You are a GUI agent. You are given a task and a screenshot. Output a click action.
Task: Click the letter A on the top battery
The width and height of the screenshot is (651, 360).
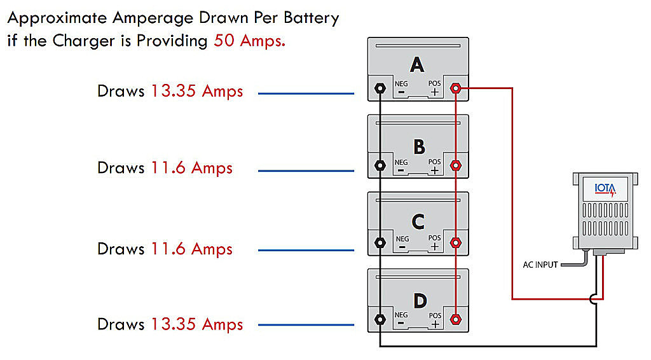click(x=417, y=65)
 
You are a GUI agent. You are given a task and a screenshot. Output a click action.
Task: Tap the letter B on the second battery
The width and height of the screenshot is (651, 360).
click(x=420, y=146)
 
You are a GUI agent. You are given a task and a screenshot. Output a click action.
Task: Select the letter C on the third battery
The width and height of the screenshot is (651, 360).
click(x=418, y=222)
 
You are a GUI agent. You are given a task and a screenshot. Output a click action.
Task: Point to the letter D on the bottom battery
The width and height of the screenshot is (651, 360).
click(x=420, y=301)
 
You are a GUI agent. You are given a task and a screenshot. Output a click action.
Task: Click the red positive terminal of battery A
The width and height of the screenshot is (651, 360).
click(x=456, y=88)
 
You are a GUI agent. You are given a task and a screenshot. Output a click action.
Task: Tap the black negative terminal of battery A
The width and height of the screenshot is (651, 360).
click(x=380, y=88)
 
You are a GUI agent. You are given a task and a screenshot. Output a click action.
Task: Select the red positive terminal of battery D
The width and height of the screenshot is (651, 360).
click(x=456, y=320)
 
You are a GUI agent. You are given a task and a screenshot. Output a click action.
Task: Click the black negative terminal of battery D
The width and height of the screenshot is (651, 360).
click(x=380, y=320)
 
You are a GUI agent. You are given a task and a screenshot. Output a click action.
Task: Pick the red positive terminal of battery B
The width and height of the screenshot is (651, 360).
click(x=456, y=165)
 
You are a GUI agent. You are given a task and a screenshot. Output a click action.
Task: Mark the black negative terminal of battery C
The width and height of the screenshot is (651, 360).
click(x=380, y=242)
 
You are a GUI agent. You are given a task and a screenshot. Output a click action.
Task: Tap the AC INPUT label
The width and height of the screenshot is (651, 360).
click(x=540, y=265)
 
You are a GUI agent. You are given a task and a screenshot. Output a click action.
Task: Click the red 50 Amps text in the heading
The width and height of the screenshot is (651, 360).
click(x=249, y=41)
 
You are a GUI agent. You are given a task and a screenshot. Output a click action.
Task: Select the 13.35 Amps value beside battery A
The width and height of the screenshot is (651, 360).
click(x=197, y=92)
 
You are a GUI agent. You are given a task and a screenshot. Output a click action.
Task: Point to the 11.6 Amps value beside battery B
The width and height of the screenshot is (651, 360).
click(x=191, y=169)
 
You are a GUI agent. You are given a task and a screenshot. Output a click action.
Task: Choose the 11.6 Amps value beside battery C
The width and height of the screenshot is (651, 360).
click(x=191, y=249)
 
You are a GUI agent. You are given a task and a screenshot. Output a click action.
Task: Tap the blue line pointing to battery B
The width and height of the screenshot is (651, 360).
click(x=306, y=170)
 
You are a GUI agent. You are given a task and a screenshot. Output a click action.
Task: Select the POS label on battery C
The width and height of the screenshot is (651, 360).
click(x=434, y=238)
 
